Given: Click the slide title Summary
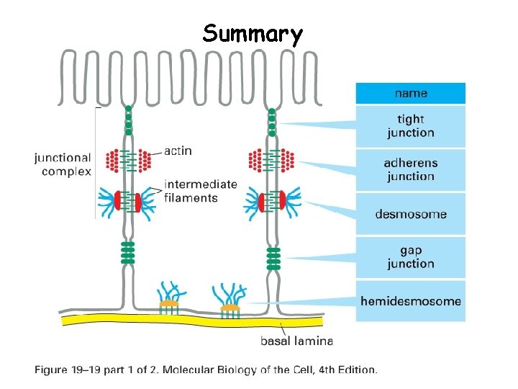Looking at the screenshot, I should coord(253,34).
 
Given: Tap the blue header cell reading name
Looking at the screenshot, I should coord(411,93).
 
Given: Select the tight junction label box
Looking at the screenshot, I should coord(411,126).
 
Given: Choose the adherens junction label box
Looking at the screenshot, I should coord(411,170).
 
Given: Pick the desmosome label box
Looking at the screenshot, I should coord(411,214).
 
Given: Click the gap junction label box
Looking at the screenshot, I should coord(411,257).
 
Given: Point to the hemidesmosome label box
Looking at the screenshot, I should coord(411,300).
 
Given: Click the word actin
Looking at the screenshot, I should coord(178,151).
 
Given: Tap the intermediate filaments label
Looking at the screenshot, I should coord(200,191).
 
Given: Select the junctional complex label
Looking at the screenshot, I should coord(63,164).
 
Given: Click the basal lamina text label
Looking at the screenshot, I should coord(296,341).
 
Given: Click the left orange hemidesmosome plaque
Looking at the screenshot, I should coord(168,304).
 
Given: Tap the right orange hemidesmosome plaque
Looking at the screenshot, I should coord(230,308).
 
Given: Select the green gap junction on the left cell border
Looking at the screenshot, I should coord(128,253).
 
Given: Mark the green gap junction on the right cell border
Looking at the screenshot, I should coord(273,257).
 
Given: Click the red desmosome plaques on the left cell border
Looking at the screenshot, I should coord(128,202).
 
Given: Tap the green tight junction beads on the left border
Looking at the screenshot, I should coord(128,120).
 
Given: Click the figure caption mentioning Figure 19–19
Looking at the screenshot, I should coord(206,370).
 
